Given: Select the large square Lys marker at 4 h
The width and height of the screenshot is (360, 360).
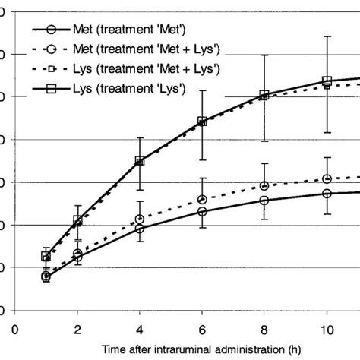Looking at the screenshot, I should coord(140,161).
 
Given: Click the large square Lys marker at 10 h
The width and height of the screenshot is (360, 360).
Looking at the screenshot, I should coord(327,81).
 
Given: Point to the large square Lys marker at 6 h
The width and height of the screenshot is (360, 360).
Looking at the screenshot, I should coord(202,121).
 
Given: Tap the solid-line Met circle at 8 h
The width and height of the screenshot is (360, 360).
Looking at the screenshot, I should coord(264,201).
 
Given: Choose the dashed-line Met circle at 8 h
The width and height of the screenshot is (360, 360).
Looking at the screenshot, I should coord(264,185).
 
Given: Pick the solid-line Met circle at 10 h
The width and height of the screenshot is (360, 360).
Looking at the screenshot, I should coord(327,194).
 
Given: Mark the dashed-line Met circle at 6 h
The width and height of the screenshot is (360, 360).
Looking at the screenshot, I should coord(202,199).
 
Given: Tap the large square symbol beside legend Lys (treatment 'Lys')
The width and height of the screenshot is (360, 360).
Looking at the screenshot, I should coord(50,90).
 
